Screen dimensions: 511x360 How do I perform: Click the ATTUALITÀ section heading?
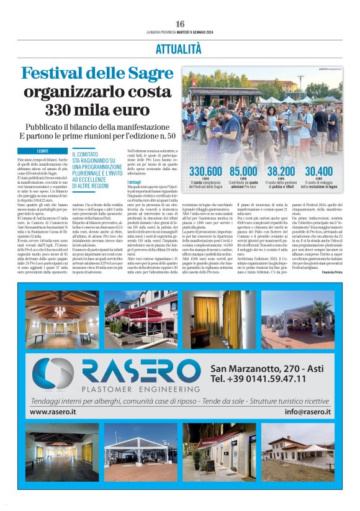[x=179, y=48]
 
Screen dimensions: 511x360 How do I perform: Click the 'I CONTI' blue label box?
[x=43, y=151]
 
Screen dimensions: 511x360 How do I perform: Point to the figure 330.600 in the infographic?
[x=205, y=171]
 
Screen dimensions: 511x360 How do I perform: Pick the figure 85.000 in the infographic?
[x=244, y=171]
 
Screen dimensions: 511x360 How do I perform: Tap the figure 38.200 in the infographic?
[x=281, y=171]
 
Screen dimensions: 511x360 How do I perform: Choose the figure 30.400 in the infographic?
[x=319, y=171]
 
